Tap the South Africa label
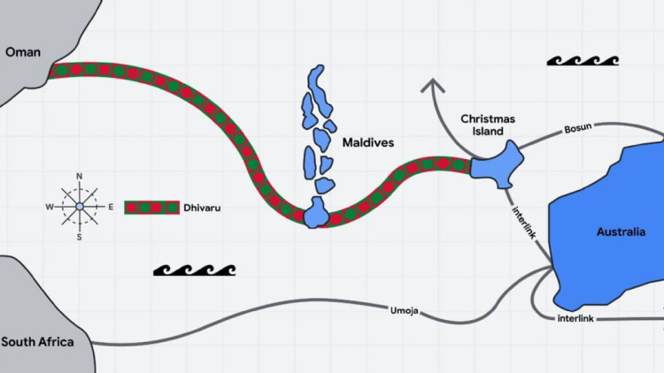pyautogui.click(x=37, y=342)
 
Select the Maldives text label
pyautogui.click(x=367, y=141)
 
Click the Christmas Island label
pyautogui.click(x=488, y=125)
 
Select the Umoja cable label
pyautogui.click(x=404, y=310)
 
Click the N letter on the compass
pyautogui.click(x=79, y=177)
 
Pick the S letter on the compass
pyautogui.click(x=79, y=237)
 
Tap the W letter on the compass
pyautogui.click(x=50, y=207)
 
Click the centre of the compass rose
pyautogui.click(x=79, y=207)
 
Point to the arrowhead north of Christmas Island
pyautogui.click(x=433, y=85)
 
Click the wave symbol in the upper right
pyautogui.click(x=582, y=61)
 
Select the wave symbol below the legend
pyautogui.click(x=194, y=269)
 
